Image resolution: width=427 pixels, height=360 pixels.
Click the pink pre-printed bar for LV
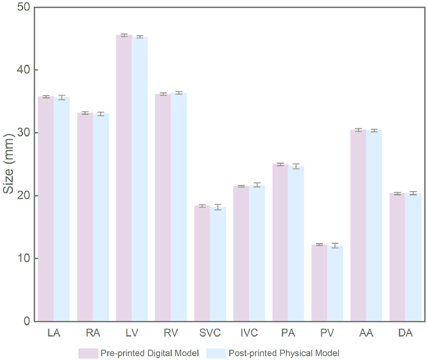point(124,179)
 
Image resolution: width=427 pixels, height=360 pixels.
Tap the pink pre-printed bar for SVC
point(202,264)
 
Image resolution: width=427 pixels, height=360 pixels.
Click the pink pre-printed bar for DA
point(397,257)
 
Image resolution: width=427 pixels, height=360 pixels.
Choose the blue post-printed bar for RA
point(101,217)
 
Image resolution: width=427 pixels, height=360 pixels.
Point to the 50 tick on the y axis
point(21,7)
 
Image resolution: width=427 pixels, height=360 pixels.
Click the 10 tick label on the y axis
point(21,258)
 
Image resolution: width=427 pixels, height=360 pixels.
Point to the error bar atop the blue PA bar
point(296,166)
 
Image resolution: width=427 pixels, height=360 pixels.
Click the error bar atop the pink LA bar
point(46,97)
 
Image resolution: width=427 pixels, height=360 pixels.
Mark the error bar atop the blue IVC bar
point(257,185)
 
